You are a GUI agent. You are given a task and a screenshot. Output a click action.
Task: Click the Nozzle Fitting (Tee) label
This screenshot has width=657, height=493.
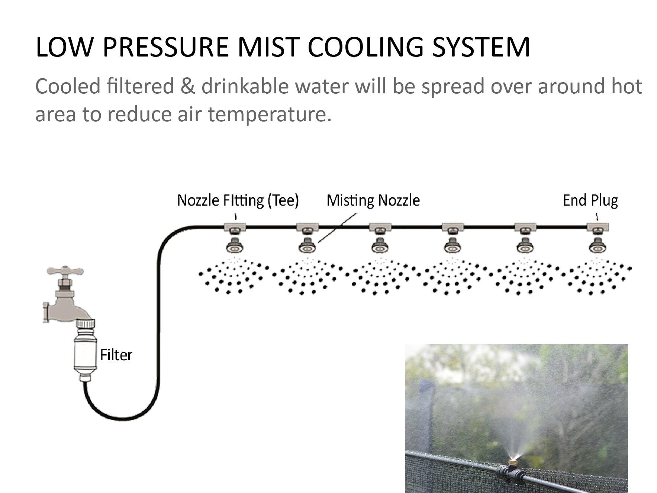pos(238,200)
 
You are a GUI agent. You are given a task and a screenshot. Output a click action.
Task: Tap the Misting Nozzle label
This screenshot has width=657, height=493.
pos(373,200)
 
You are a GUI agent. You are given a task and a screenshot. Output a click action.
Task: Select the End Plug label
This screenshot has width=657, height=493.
pos(590,200)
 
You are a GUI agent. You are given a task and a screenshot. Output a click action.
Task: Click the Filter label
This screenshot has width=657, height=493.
pos(116,355)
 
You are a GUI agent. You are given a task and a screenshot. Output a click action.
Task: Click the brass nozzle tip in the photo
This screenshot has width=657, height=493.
pos(513,463)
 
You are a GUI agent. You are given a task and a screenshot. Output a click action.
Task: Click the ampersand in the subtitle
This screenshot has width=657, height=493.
pos(188,86)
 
